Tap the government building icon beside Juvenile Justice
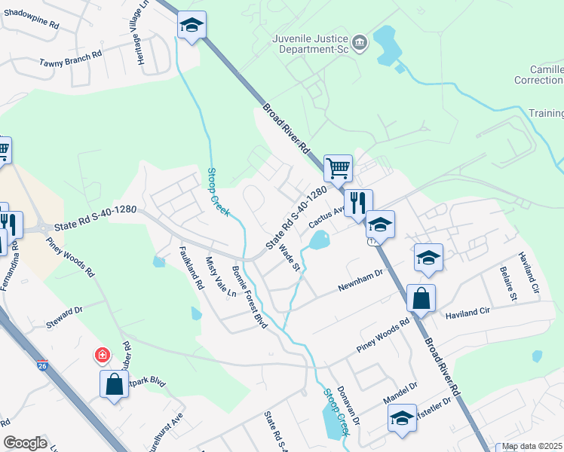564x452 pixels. [x=360, y=42]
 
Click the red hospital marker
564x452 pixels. [x=101, y=354]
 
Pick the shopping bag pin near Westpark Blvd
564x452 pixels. [x=114, y=384]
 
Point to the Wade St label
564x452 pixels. [x=290, y=255]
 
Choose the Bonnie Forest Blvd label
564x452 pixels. [x=250, y=297]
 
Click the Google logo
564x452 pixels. [x=25, y=442]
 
